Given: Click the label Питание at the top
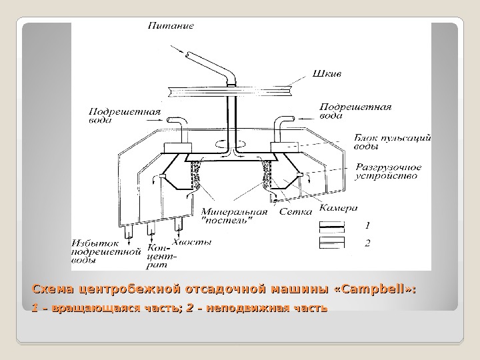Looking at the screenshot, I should (x=171, y=27).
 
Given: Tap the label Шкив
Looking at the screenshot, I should (x=326, y=73).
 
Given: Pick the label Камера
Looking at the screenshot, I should (x=339, y=207).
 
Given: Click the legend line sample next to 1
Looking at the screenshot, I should (x=332, y=226).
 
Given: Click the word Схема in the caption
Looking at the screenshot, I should (x=53, y=289).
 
